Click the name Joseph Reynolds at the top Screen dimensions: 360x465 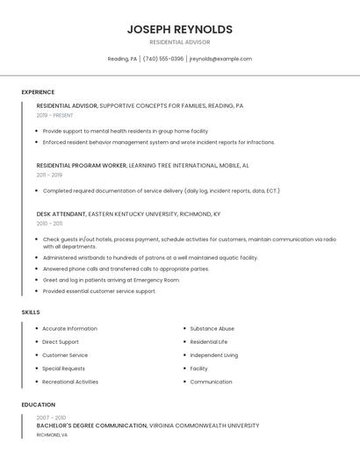[179, 29]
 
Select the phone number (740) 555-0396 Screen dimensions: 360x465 [163, 59]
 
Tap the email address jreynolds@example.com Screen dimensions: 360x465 [220, 59]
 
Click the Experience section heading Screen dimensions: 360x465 [38, 92]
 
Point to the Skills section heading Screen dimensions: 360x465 [31, 312]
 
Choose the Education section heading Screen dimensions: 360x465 [38, 404]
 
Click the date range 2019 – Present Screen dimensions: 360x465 [54, 115]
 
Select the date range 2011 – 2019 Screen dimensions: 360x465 [49, 175]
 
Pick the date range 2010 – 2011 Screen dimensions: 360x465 [49, 223]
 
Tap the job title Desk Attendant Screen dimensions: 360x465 [61, 213]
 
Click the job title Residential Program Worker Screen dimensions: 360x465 [82, 165]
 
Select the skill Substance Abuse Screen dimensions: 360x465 [212, 329]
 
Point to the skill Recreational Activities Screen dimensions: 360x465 [70, 382]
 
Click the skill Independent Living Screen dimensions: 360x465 [213, 355]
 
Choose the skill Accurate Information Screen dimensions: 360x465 [69, 329]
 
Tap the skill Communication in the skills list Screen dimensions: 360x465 [211, 382]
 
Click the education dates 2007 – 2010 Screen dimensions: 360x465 [51, 418]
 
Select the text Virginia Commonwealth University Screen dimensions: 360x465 [205, 426]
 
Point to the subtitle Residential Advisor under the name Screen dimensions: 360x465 [179, 42]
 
